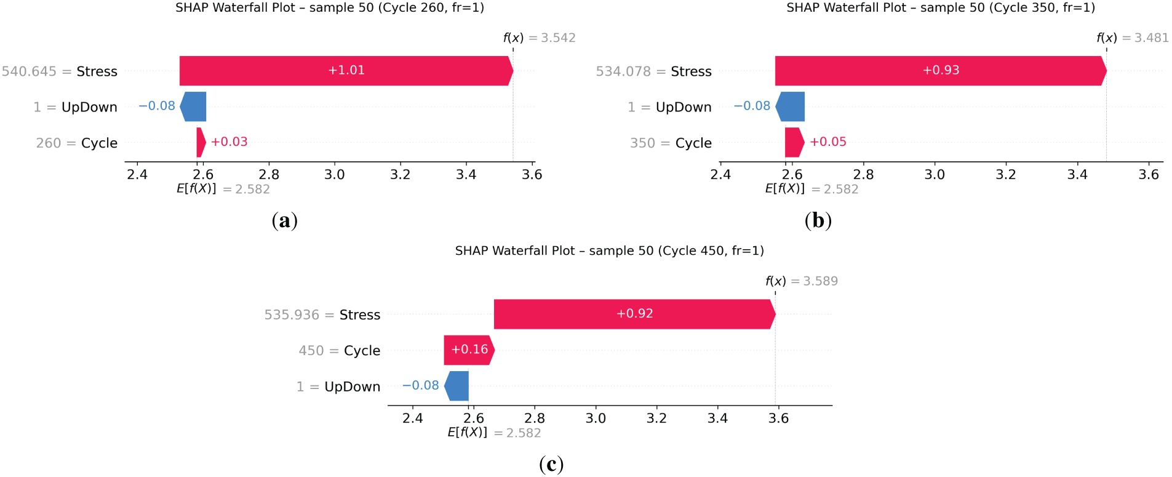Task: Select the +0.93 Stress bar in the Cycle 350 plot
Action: pyautogui.click(x=940, y=71)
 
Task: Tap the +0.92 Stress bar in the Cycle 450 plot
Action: pyautogui.click(x=634, y=314)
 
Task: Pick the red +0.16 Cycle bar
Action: pyautogui.click(x=469, y=350)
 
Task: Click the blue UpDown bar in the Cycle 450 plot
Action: pyautogui.click(x=457, y=386)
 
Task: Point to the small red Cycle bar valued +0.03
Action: pyautogui.click(x=201, y=142)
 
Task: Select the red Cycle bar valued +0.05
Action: pyautogui.click(x=794, y=142)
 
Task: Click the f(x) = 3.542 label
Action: pyautogui.click(x=539, y=38)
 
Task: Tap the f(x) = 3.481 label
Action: pyautogui.click(x=1132, y=38)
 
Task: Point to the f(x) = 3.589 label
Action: pyautogui.click(x=801, y=281)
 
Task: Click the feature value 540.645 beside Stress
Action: pyautogui.click(x=29, y=71)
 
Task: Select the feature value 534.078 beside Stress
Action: pyautogui.click(x=623, y=71)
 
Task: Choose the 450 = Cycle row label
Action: pyautogui.click(x=339, y=351)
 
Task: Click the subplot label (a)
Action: pyautogui.click(x=284, y=220)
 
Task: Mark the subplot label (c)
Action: pyautogui.click(x=551, y=463)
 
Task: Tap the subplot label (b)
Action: pyautogui.click(x=818, y=220)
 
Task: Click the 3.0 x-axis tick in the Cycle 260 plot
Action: pyautogui.click(x=334, y=175)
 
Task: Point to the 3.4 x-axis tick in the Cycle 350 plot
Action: pyautogui.click(x=1077, y=175)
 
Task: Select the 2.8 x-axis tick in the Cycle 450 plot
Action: pyautogui.click(x=534, y=419)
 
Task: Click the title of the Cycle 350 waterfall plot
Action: pyautogui.click(x=940, y=8)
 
